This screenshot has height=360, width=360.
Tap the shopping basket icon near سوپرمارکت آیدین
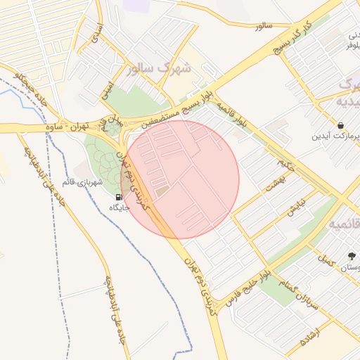(341, 125)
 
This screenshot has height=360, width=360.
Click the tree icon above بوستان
(352, 256)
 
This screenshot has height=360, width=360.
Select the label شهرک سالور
(160, 69)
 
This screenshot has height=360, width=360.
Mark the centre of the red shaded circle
(180, 179)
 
